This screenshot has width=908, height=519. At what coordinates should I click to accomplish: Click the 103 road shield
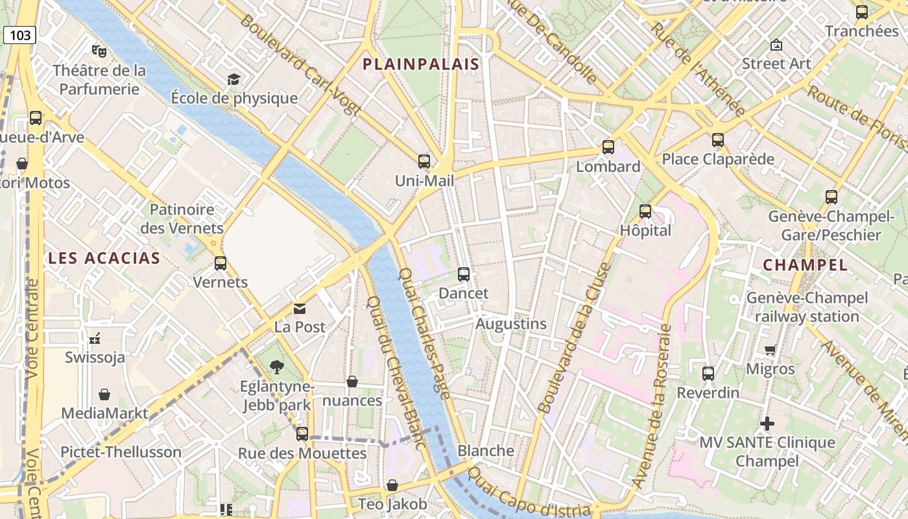coord(19,35)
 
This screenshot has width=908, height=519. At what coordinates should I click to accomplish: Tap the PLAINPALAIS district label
coord(421,64)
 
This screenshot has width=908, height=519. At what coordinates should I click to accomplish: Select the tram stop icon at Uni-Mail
coord(424,162)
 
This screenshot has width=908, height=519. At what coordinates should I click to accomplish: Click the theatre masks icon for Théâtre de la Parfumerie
coord(99,50)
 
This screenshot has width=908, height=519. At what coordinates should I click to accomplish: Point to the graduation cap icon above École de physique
coord(233,79)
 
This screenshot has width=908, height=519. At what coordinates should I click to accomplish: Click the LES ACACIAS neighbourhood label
coord(104,258)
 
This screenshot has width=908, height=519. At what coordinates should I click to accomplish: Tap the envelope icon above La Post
coord(299,308)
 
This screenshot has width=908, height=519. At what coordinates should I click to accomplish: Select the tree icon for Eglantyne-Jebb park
coord(277,367)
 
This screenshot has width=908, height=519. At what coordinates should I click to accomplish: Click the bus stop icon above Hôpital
coord(645,211)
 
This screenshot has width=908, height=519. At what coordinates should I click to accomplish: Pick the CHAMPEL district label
coord(805,265)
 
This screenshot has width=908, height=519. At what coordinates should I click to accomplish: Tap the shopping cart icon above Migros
coord(770,350)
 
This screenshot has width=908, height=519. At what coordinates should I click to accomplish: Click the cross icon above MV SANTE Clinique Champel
coord(767,424)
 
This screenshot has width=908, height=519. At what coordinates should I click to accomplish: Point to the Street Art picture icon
coord(776,45)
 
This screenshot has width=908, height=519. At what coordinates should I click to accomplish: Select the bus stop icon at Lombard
coord(608,147)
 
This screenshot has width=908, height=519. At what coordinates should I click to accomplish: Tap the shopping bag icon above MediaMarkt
coord(104,394)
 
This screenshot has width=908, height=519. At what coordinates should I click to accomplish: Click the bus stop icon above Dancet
coord(463,274)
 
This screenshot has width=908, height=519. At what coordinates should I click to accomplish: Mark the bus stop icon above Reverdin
coord(708,374)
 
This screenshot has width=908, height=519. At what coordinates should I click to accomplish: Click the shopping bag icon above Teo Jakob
coord(392,485)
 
